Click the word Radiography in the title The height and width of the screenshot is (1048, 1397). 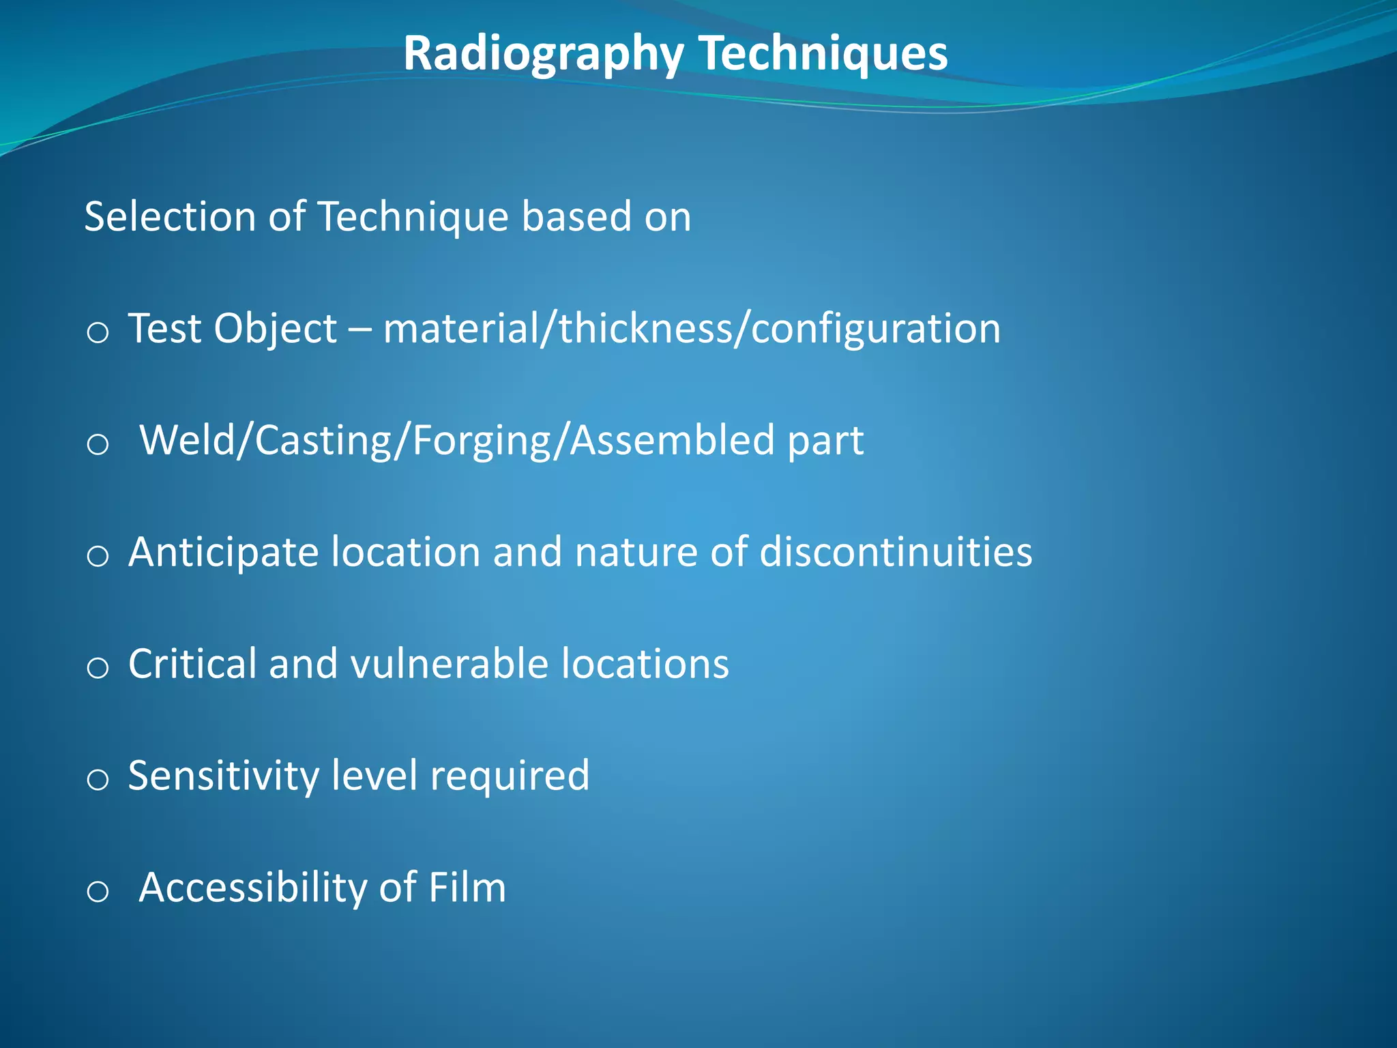[543, 53]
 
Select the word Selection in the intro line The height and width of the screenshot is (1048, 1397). [170, 216]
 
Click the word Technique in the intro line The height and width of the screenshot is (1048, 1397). [413, 216]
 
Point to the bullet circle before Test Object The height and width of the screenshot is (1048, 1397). [98, 333]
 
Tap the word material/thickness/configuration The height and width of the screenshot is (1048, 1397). [691, 329]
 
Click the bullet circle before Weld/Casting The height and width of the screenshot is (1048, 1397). [98, 445]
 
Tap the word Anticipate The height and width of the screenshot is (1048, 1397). [223, 552]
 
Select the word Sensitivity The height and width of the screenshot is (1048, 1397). [223, 776]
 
